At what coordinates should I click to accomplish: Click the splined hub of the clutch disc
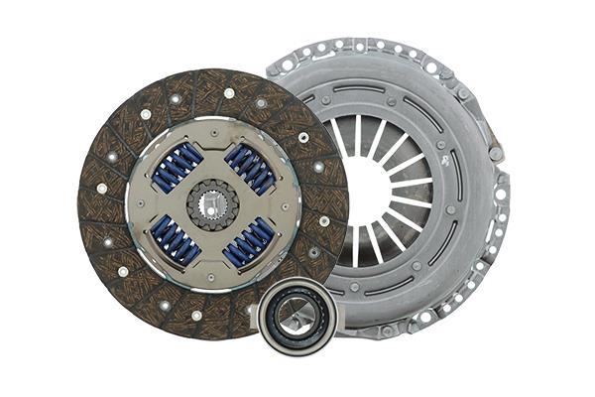pyautogui.click(x=212, y=204)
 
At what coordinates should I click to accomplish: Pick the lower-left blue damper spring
pyautogui.click(x=175, y=241)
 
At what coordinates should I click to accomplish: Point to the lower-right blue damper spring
pyautogui.click(x=249, y=241)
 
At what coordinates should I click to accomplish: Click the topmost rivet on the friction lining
pyautogui.click(x=229, y=93)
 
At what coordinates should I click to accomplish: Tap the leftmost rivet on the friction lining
pyautogui.click(x=101, y=187)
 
